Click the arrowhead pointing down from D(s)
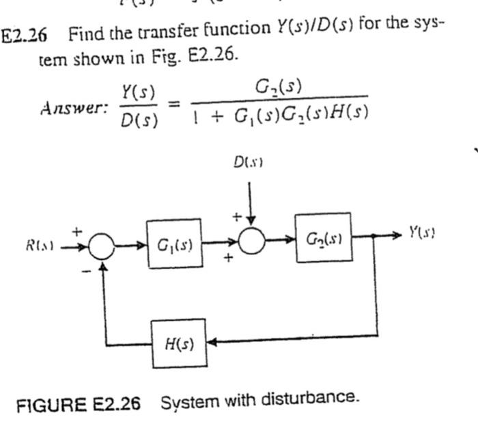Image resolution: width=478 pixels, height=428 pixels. (251, 220)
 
